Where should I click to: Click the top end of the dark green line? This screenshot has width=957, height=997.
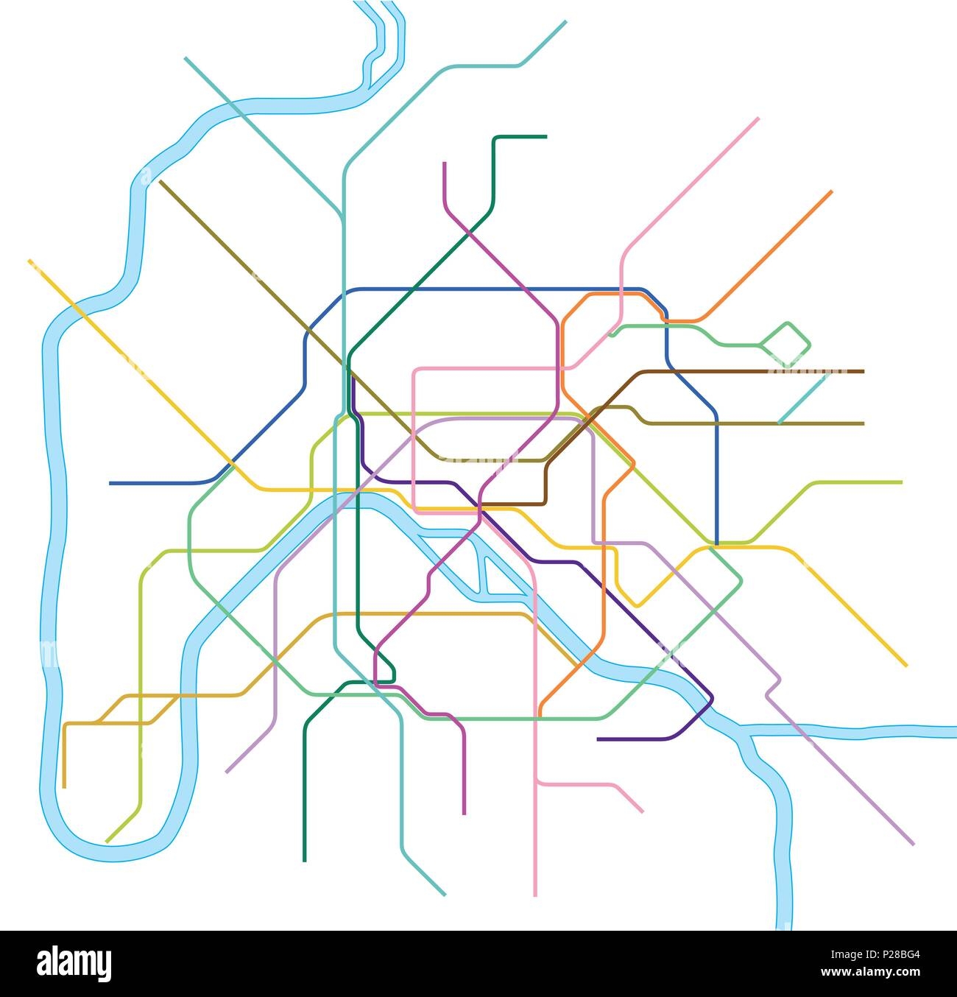545,136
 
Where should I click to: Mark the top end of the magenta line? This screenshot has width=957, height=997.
445,163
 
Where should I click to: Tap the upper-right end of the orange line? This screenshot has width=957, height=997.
831,191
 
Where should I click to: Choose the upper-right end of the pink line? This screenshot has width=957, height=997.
758,118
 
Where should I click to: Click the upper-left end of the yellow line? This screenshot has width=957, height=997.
29,261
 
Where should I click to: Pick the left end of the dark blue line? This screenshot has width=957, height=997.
110,483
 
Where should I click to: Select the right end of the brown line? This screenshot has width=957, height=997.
863,372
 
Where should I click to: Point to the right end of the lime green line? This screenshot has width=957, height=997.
901,482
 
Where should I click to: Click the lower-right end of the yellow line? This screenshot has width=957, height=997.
906,666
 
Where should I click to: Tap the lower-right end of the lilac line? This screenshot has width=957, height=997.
913,844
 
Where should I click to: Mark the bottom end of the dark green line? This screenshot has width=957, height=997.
304,860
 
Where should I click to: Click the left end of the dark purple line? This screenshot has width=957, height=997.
598,739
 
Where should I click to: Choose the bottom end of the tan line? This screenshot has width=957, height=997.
65,786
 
